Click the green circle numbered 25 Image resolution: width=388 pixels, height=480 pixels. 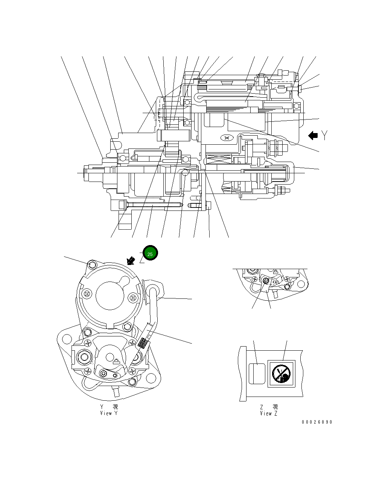150,254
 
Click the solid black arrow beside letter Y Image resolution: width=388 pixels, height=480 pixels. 313,136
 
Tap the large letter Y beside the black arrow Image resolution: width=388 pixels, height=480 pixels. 324,136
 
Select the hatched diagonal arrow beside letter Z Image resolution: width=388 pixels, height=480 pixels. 131,260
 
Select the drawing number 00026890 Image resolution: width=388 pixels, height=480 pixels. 316,422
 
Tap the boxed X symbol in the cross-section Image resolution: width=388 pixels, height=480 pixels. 227,138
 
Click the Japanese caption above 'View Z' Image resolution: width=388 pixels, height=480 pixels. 269,407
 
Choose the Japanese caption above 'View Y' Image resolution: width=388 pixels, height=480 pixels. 109,407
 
